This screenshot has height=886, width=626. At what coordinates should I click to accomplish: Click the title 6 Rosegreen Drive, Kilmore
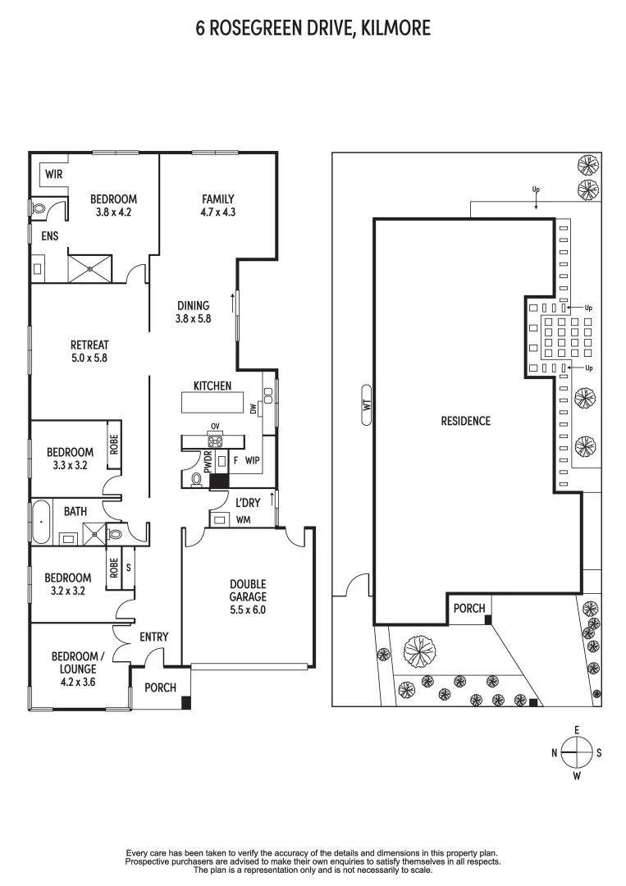[x=313, y=29]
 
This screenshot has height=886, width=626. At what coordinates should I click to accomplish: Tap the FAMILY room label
[x=218, y=199]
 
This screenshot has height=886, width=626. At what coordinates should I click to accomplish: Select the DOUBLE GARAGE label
[x=247, y=591]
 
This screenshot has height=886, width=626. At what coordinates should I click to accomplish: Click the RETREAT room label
[x=89, y=345]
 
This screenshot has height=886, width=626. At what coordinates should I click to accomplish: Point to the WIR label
[x=54, y=174]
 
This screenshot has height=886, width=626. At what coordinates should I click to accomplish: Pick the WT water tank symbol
[x=367, y=404]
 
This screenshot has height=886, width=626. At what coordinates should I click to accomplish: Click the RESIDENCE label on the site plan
[x=465, y=421]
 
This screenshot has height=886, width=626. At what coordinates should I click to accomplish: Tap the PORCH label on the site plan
[x=469, y=608]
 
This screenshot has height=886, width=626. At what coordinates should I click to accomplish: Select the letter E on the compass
[x=578, y=730]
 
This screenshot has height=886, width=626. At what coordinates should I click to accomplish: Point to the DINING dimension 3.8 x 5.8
[x=193, y=318]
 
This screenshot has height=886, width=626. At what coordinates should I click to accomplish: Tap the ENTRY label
[x=154, y=637]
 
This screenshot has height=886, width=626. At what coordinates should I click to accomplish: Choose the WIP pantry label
[x=252, y=460]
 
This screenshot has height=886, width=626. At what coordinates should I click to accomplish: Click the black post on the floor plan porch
[x=186, y=702]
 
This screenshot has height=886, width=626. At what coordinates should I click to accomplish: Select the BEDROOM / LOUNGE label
[x=79, y=662]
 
